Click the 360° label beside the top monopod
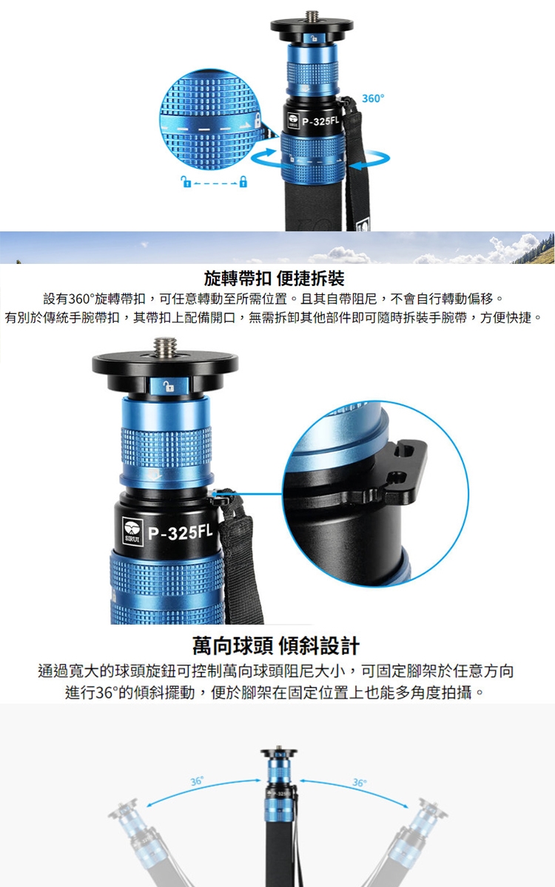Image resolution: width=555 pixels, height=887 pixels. [x=373, y=98]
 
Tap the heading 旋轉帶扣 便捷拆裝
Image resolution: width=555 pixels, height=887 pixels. [x=274, y=279]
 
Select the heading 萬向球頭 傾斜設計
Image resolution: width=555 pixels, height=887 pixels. [x=276, y=646]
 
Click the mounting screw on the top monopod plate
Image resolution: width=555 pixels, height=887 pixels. [x=312, y=16]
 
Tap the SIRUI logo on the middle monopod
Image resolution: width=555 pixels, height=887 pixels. [x=132, y=531]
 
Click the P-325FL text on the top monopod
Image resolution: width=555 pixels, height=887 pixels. [x=320, y=120]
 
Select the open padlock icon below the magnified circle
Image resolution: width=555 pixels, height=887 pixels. [x=186, y=181]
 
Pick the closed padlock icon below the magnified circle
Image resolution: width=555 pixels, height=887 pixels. [x=243, y=181]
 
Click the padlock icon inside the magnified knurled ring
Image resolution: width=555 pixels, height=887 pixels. [x=257, y=120]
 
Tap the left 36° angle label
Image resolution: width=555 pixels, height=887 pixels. [x=197, y=781]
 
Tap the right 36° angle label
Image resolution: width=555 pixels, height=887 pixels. [x=360, y=783]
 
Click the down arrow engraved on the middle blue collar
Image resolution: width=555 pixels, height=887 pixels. [x=154, y=475]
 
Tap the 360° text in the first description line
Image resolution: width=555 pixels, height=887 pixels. [x=81, y=299]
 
